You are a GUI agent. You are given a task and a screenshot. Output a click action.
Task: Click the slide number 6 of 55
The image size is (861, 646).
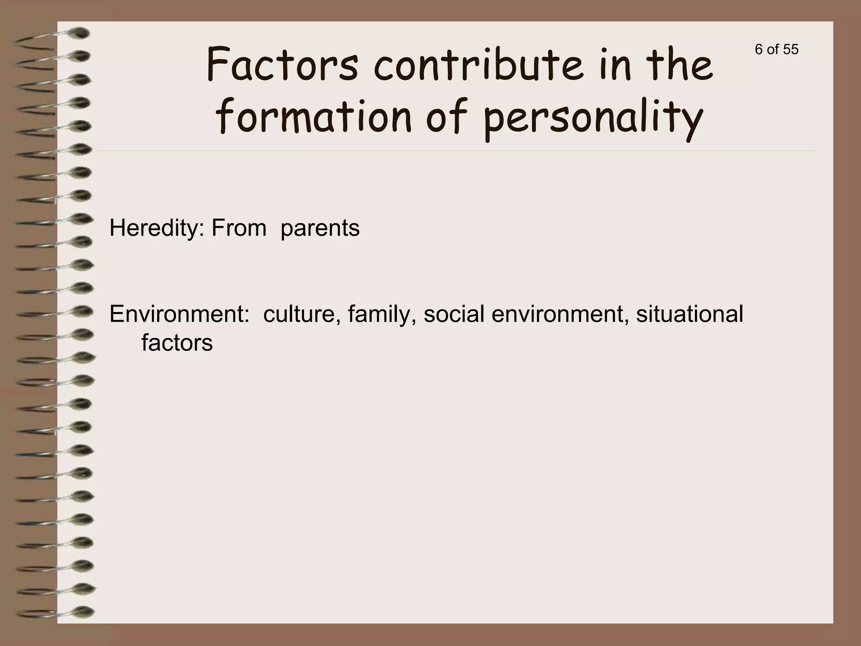pos(776,50)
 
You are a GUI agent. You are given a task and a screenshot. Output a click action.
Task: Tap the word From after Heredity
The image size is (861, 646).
pos(239,228)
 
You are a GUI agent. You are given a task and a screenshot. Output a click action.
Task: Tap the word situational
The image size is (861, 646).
pos(689,314)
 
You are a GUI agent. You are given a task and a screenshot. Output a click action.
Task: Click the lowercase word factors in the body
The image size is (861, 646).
pos(177,343)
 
